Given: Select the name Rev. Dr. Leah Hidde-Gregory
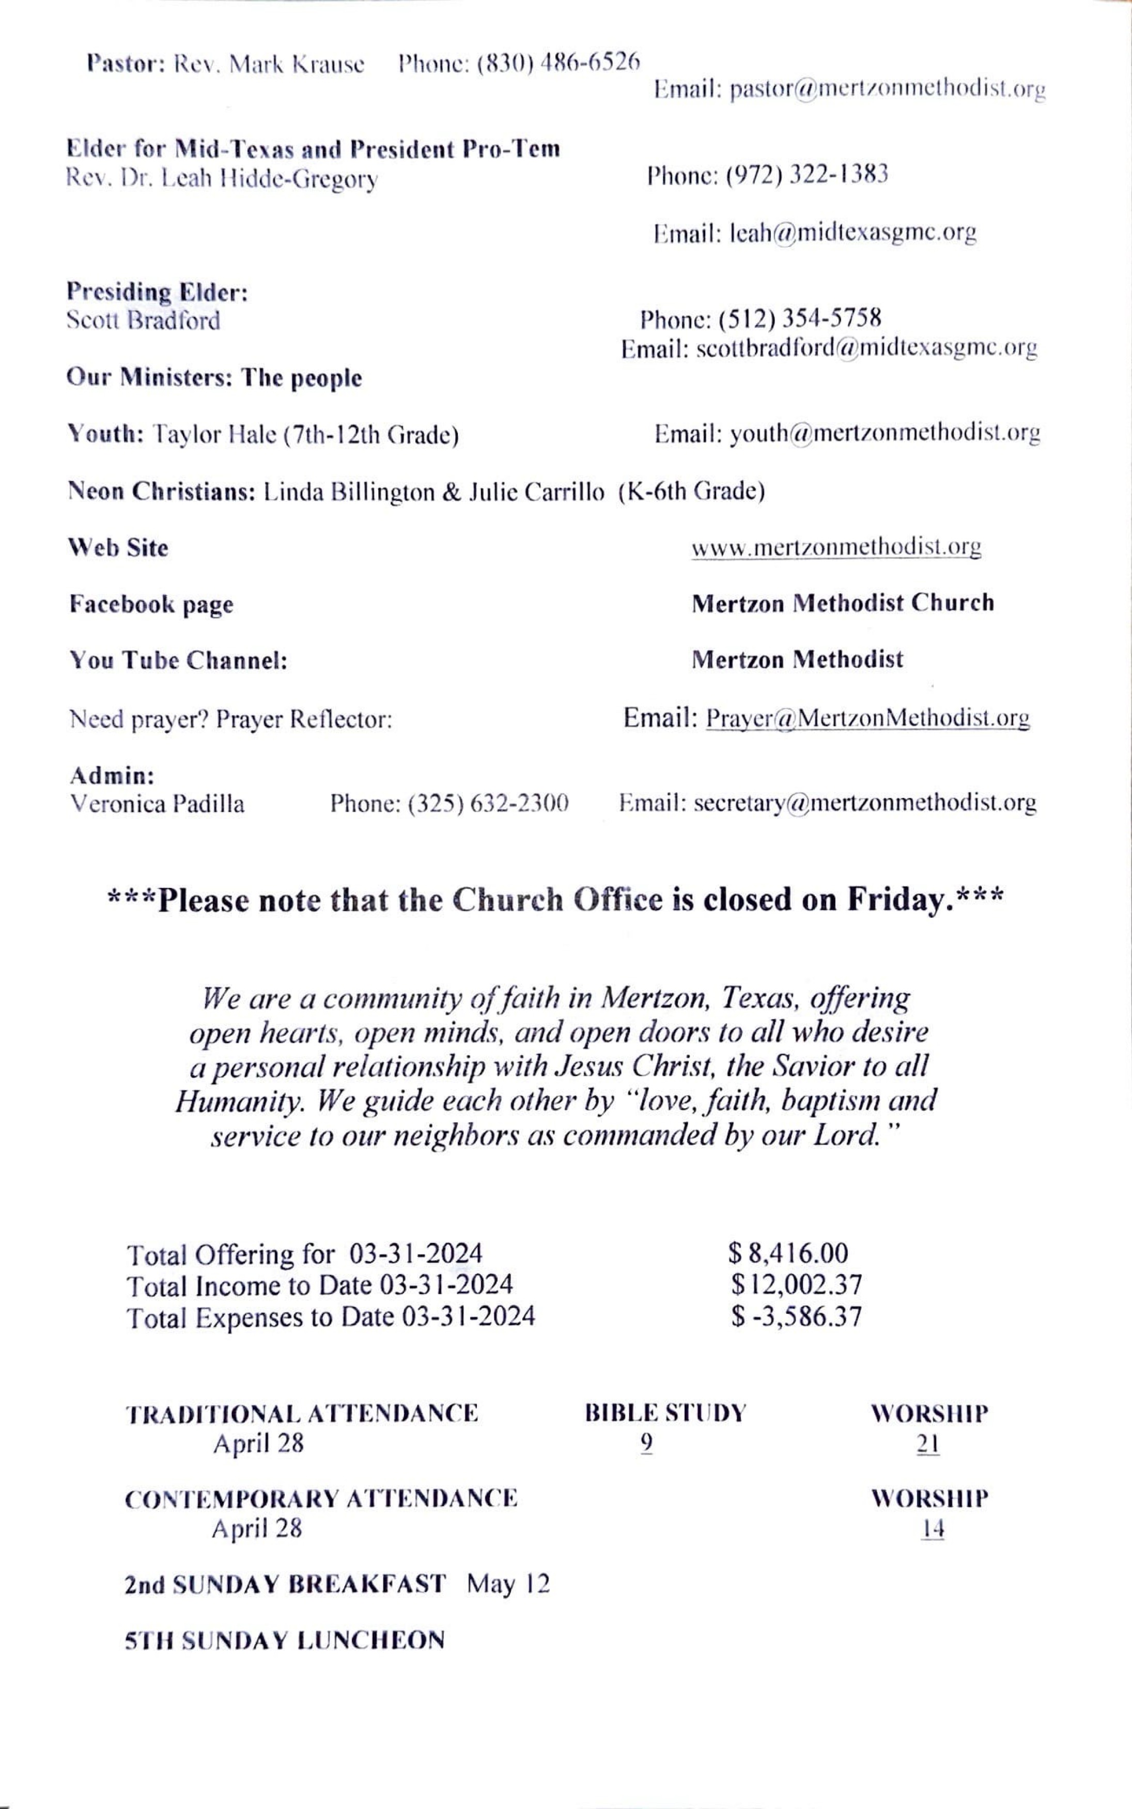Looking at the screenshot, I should click(222, 180).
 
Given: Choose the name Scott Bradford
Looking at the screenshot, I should click(144, 320).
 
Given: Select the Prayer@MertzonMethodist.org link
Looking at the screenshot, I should click(867, 719).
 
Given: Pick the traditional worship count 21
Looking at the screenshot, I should click(928, 1444).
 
